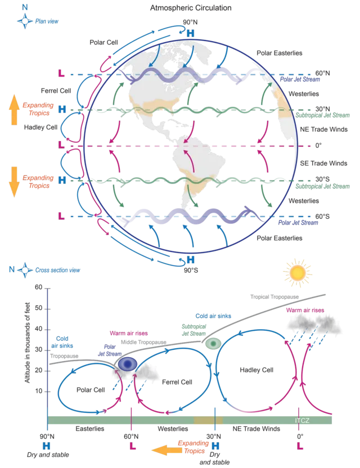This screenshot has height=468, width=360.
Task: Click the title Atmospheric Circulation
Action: click(191, 8)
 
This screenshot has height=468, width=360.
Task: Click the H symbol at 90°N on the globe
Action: click(190, 33)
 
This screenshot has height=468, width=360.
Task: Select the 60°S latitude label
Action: click(322, 217)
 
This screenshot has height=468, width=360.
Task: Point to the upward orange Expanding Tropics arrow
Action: click(14, 110)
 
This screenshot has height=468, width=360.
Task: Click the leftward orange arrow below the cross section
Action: click(166, 450)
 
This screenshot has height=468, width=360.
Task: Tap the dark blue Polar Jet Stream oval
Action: click(128, 364)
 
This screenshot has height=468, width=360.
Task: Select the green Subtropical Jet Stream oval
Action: click(213, 344)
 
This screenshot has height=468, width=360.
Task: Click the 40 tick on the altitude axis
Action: click(38, 329)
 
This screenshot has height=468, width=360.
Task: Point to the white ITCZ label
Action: click(302, 421)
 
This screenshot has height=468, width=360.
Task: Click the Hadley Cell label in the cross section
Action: click(256, 370)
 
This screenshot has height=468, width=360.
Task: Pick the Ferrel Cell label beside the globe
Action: click(56, 91)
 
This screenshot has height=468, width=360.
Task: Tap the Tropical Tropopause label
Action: click(274, 296)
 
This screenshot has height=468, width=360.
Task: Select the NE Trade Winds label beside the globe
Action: click(323, 129)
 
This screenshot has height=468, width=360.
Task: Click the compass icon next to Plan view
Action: click(25, 21)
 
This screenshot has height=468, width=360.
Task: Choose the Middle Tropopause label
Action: click(143, 342)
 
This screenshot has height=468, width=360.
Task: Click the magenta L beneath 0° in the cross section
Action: click(300, 446)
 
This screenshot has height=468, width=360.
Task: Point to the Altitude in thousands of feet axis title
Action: click(28, 343)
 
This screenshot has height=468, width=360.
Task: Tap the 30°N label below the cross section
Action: click(214, 436)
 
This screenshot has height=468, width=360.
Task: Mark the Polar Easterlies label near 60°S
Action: click(280, 238)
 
